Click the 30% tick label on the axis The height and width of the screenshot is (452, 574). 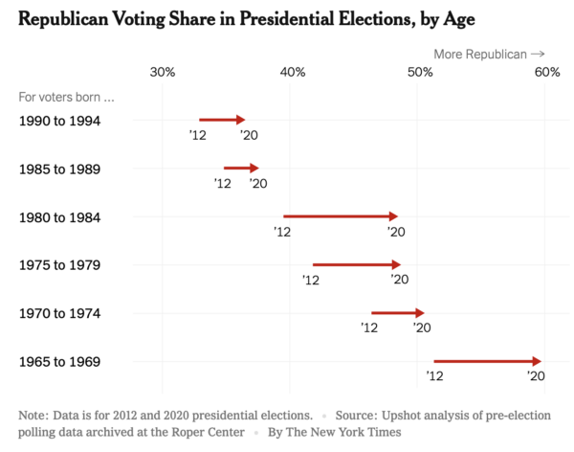163,72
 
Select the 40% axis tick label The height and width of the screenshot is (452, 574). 292,72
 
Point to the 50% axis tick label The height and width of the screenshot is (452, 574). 419,72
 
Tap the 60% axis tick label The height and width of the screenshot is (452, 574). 546,72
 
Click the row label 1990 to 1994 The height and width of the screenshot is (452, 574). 60,121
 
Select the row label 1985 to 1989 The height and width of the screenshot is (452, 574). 60,169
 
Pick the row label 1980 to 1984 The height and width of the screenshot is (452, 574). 60,217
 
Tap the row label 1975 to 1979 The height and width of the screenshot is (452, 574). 60,265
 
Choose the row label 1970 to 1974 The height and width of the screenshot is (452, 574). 60,313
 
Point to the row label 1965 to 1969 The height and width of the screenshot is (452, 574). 60,362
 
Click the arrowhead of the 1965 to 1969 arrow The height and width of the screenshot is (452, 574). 538,361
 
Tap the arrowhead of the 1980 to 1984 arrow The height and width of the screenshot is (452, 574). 393,216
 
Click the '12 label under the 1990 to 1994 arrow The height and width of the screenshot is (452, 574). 197,135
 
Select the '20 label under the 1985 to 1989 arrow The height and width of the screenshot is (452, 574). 258,183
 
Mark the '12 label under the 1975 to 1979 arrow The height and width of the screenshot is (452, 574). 310,280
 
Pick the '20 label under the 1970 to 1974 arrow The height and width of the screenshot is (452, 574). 421,328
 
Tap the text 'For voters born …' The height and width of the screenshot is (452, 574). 67,97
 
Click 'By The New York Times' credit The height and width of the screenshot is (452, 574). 334,432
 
